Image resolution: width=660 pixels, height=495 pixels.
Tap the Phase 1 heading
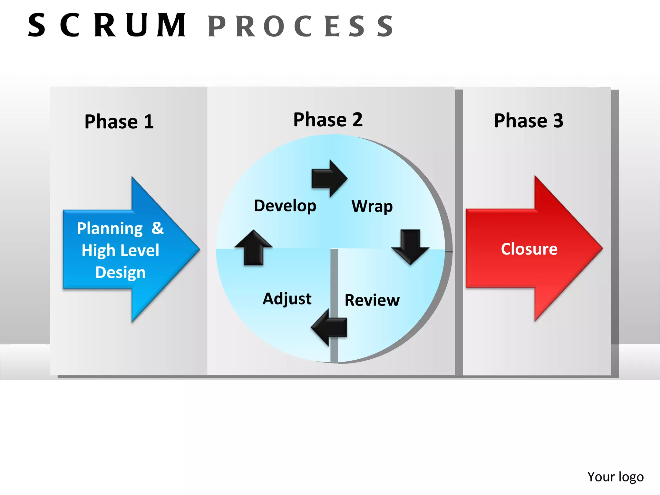tap(119, 122)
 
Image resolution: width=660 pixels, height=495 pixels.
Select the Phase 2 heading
tap(328, 120)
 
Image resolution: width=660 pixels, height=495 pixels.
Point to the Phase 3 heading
tap(529, 121)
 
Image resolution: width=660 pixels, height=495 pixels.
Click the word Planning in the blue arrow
tap(110, 228)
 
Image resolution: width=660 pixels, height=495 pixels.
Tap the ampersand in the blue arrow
tap(158, 228)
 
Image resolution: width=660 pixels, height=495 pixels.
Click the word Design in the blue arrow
tap(120, 272)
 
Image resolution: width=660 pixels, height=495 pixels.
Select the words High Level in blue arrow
tap(120, 250)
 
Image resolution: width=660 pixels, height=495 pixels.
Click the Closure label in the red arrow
tap(529, 249)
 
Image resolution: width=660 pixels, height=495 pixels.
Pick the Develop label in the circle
tap(285, 206)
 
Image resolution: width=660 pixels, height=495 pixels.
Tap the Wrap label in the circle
tap(372, 206)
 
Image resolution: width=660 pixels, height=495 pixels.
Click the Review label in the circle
tap(372, 300)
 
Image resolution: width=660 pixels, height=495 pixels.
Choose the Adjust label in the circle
tap(287, 299)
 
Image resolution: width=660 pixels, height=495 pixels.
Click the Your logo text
tap(615, 477)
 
